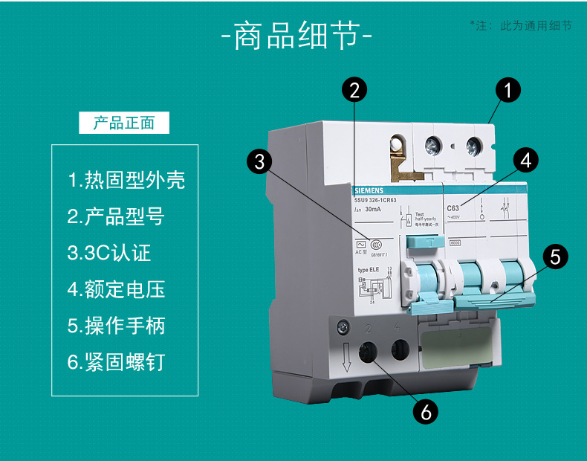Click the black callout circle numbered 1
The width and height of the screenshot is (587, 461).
[508, 91]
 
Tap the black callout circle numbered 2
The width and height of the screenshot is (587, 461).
[354, 90]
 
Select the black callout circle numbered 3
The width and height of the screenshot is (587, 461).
[259, 161]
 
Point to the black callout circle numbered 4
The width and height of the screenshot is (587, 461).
[526, 160]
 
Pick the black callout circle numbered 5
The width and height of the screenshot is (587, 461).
[555, 257]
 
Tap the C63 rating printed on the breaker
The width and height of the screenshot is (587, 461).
[453, 209]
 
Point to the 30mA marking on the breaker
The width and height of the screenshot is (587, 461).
[375, 210]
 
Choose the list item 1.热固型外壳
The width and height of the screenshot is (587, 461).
[126, 180]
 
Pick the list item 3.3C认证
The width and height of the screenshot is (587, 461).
[109, 253]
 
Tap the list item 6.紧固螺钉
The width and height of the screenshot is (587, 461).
[116, 362]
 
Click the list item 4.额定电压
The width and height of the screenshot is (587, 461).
[116, 289]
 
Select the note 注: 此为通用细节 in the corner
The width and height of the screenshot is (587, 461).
[520, 25]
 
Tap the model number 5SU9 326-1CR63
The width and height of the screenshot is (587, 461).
[374, 199]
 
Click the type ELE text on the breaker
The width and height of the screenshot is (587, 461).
[369, 270]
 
